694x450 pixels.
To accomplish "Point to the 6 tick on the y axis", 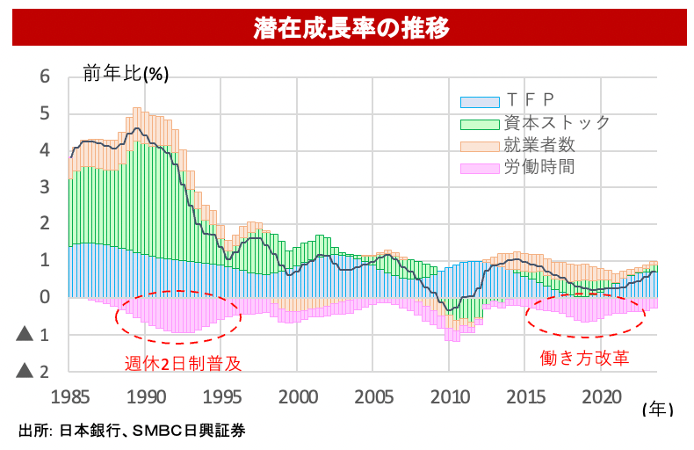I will click(x=45, y=76).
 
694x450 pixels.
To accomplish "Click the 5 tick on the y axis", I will click(x=45, y=113).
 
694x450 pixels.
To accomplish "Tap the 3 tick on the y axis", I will click(x=45, y=187).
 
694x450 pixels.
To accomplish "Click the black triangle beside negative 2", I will click(x=25, y=371).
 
